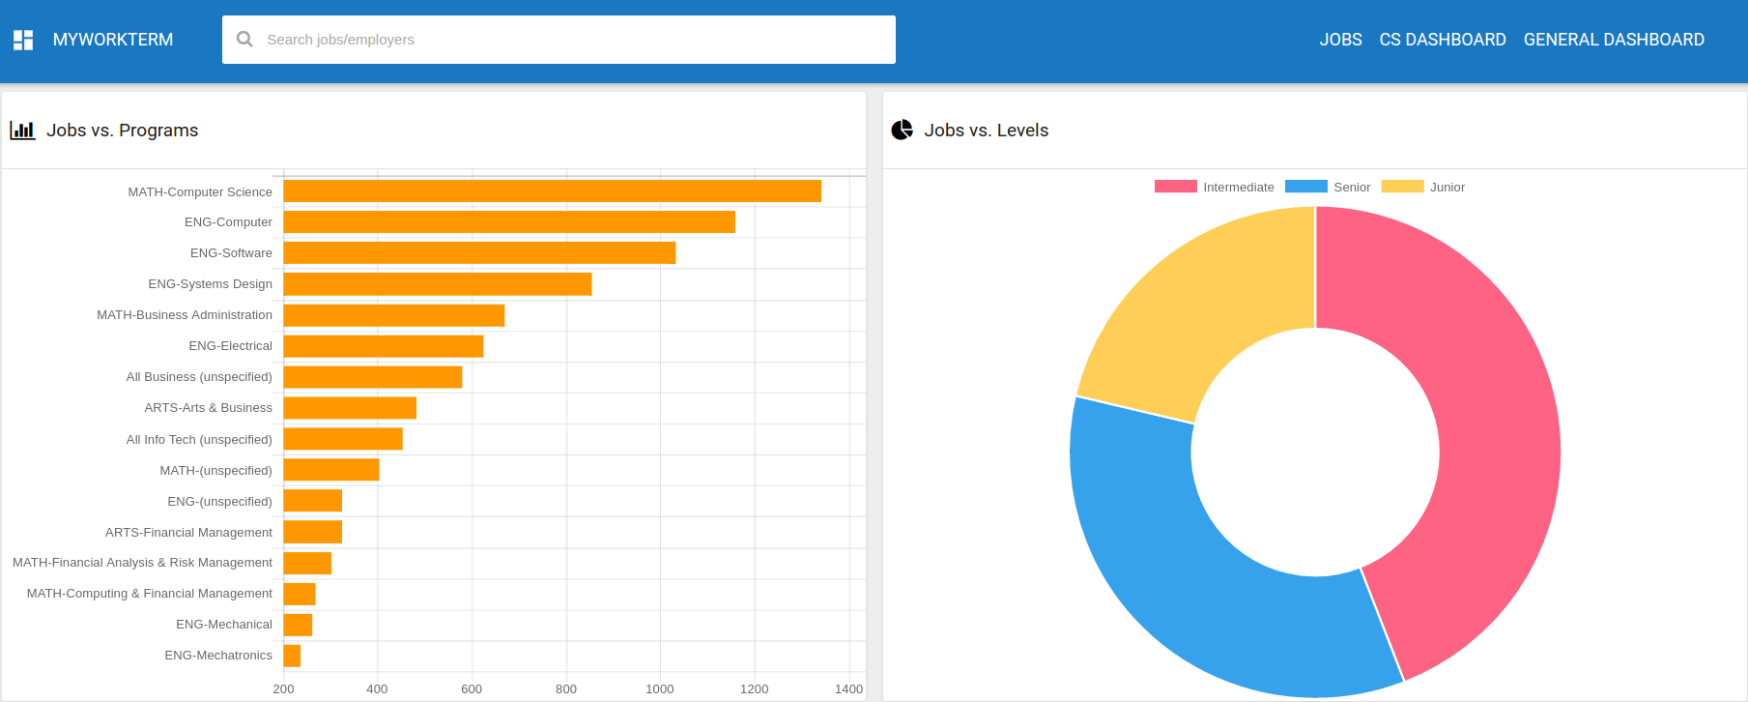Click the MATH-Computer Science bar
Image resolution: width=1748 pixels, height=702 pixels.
pos(552,191)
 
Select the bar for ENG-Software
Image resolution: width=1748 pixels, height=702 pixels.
pos(479,253)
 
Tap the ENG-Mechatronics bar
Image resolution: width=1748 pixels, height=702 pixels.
pos(292,656)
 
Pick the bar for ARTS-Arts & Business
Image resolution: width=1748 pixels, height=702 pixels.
pos(350,408)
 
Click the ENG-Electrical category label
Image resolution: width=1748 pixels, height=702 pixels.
pos(230,346)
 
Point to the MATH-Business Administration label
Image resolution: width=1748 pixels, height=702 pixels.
pos(185,315)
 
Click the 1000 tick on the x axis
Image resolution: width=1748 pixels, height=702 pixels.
pos(660,688)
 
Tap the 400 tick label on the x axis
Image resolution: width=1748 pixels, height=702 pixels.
pos(377,688)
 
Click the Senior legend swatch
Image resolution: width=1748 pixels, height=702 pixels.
pos(1305,187)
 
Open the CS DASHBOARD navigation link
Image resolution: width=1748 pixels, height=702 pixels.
pos(1443,40)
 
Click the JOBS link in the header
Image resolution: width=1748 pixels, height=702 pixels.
pos(1340,40)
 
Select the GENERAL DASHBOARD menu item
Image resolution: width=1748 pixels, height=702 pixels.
pos(1614,40)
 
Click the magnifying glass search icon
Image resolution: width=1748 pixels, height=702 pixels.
pos(245,40)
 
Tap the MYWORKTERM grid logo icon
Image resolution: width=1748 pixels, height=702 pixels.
pos(23,40)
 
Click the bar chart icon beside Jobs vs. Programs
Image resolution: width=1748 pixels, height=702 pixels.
pos(22,131)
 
